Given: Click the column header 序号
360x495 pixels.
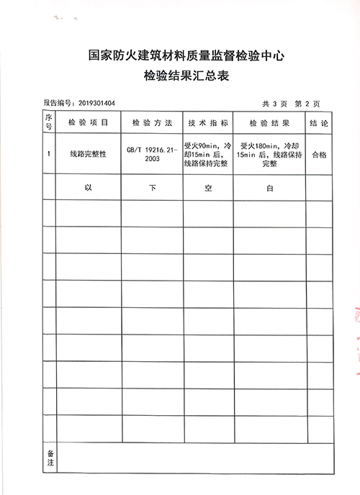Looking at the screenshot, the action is click(x=49, y=122).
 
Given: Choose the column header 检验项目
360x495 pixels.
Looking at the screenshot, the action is click(x=89, y=123).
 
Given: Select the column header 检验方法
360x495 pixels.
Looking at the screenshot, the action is click(x=152, y=123).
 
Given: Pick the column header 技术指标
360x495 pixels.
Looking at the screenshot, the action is click(x=207, y=123).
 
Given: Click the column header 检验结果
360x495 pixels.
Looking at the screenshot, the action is click(x=268, y=123).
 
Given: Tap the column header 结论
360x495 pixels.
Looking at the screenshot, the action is click(x=319, y=123).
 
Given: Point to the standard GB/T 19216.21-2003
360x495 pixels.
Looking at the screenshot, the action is click(x=152, y=154).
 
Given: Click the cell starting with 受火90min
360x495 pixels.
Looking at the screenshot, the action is click(x=207, y=154).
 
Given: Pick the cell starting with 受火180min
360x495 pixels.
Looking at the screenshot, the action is click(x=268, y=154).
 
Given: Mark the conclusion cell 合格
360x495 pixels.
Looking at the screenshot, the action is click(x=319, y=154).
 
